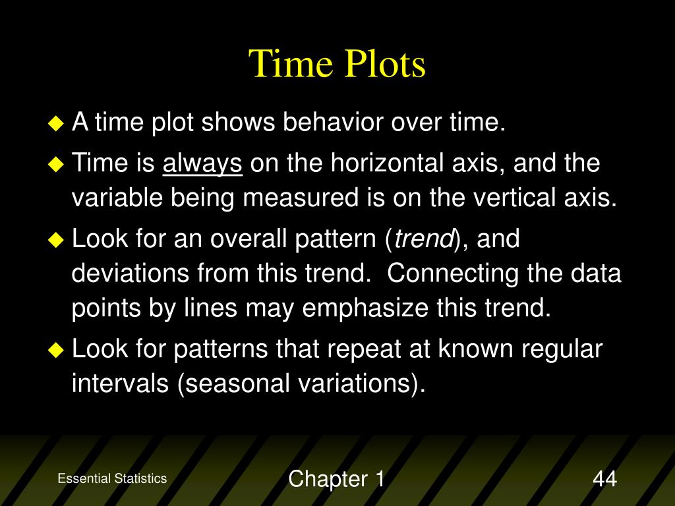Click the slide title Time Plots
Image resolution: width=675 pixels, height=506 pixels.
pyautogui.click(x=337, y=64)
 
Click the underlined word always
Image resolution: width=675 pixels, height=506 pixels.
pyautogui.click(x=202, y=164)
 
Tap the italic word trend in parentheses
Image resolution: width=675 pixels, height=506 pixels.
pyautogui.click(x=424, y=239)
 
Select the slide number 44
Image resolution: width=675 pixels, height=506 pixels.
pyautogui.click(x=605, y=478)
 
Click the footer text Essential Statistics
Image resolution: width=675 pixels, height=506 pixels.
pyautogui.click(x=112, y=478)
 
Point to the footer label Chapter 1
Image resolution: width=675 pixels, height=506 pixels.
pyautogui.click(x=337, y=479)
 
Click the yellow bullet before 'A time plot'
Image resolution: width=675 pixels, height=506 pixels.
pyautogui.click(x=56, y=123)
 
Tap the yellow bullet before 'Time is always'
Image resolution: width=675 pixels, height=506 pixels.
pyautogui.click(x=56, y=164)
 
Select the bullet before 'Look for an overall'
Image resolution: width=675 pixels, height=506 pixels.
pyautogui.click(x=56, y=240)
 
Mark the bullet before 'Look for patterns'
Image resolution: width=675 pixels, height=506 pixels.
pyautogui.click(x=56, y=350)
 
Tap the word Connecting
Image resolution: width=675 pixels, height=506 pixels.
pyautogui.click(x=453, y=273)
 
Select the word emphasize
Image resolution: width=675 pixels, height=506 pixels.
pyautogui.click(x=365, y=309)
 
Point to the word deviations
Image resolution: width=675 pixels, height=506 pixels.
pyautogui.click(x=130, y=273)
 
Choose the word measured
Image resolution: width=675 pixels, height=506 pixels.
pyautogui.click(x=301, y=198)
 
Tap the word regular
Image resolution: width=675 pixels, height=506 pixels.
pyautogui.click(x=562, y=350)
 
